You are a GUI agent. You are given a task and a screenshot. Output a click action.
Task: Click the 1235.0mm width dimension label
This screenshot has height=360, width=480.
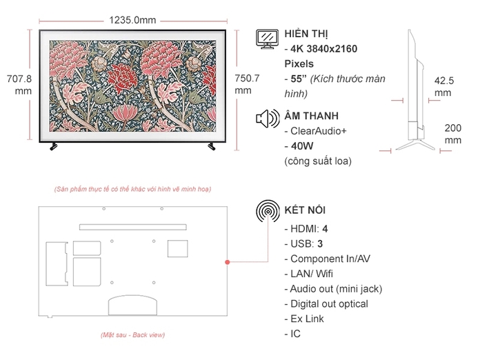click(132, 20)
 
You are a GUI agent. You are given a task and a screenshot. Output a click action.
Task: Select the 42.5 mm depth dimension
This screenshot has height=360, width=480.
click(443, 86)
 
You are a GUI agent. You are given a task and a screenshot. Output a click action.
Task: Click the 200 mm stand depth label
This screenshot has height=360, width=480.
click(452, 134)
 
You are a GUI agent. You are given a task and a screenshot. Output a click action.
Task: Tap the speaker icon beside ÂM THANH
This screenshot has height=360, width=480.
click(266, 119)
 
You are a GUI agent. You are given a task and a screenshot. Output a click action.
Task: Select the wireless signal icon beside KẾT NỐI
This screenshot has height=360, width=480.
click(267, 212)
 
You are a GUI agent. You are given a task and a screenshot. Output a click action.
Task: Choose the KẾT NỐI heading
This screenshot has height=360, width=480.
click(305, 210)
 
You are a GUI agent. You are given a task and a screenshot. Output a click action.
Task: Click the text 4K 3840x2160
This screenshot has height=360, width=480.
click(324, 49)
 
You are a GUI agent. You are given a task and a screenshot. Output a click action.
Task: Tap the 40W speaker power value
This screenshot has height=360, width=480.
click(303, 146)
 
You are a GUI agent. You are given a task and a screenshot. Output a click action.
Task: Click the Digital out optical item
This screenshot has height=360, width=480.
click(329, 303)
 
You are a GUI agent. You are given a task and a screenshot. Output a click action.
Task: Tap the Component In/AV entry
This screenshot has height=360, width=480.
click(330, 259)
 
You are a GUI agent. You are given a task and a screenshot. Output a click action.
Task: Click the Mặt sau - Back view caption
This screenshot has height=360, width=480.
click(132, 335)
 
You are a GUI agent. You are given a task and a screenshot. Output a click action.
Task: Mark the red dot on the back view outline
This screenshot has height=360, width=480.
click(227, 262)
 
